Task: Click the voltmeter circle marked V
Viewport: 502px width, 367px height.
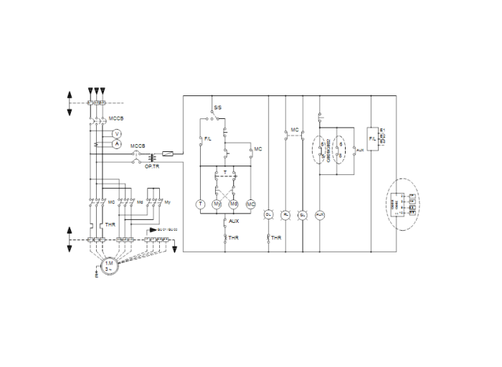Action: (118, 133)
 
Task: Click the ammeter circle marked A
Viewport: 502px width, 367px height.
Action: (118, 143)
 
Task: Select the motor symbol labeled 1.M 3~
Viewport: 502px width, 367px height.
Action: (109, 265)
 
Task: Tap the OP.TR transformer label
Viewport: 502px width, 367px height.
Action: (152, 166)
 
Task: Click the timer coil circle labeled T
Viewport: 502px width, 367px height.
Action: (201, 204)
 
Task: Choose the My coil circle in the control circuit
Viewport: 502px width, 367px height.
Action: (217, 204)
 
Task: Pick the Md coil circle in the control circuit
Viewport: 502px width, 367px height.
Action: (234, 204)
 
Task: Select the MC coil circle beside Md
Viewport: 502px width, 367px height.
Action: (250, 204)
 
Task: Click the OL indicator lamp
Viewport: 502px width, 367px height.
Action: (268, 214)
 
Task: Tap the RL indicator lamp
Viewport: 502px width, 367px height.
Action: (285, 214)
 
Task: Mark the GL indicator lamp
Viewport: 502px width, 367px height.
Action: (303, 214)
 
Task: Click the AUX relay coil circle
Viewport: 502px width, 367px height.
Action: (321, 214)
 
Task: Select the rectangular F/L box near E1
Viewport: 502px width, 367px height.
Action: (372, 137)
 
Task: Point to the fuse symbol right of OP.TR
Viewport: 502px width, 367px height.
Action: (167, 153)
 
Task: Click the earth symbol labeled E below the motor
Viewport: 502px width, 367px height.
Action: (96, 272)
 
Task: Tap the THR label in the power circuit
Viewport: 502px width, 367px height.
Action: (110, 224)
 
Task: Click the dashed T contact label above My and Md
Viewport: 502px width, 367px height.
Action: (225, 173)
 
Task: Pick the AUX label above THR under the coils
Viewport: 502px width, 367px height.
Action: (234, 221)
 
